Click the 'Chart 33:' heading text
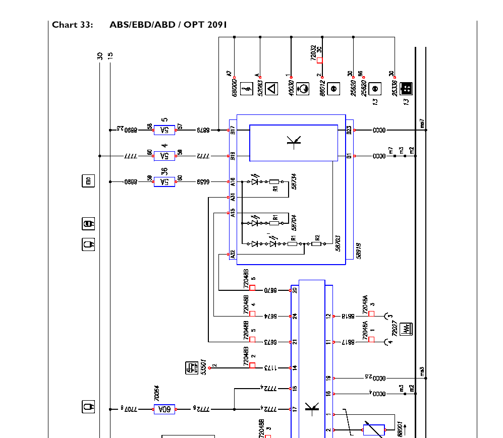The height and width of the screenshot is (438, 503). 72,25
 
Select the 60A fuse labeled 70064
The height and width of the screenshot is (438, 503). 164,409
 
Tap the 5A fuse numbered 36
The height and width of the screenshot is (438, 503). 164,181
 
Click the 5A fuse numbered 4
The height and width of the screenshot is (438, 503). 164,156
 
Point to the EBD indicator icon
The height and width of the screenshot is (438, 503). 88,181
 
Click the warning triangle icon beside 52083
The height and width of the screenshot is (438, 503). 271,89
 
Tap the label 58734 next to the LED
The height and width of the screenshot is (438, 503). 294,181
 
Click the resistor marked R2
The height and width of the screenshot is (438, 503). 316,244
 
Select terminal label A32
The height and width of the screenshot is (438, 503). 233,255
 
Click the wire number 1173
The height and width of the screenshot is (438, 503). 271,368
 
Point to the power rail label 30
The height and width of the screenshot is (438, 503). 100,55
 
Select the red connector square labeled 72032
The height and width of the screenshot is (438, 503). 319,60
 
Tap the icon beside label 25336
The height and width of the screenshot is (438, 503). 406,89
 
